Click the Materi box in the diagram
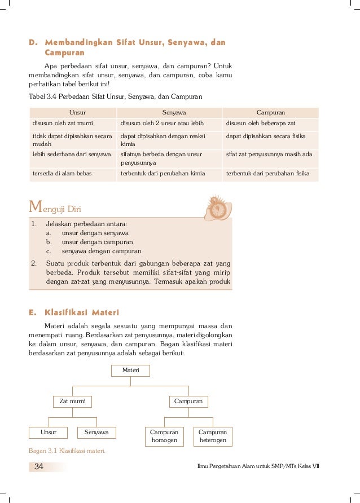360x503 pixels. (x=131, y=370)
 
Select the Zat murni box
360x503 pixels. (x=73, y=401)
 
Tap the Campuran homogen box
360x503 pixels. (x=164, y=436)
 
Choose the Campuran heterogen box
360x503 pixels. (x=212, y=436)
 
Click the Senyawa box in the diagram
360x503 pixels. (x=96, y=433)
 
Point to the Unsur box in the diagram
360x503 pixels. (x=48, y=433)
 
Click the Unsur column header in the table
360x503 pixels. (x=73, y=113)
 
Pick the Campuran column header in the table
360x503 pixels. (x=270, y=113)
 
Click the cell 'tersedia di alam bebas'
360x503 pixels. (x=62, y=174)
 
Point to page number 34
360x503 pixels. (x=39, y=466)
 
